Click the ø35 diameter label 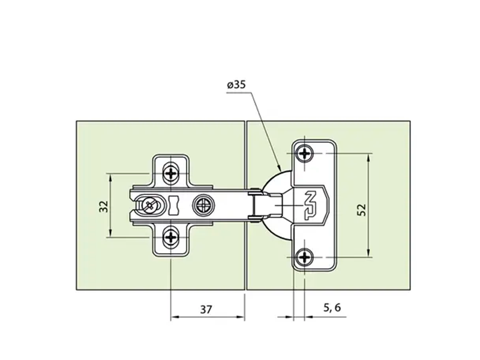(236, 84)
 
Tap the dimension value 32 (104, 206)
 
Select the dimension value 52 (362, 210)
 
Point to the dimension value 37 (206, 310)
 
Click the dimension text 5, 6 (332, 307)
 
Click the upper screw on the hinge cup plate (305, 153)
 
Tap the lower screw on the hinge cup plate (305, 257)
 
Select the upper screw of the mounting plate (171, 173)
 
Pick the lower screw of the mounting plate (171, 237)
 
